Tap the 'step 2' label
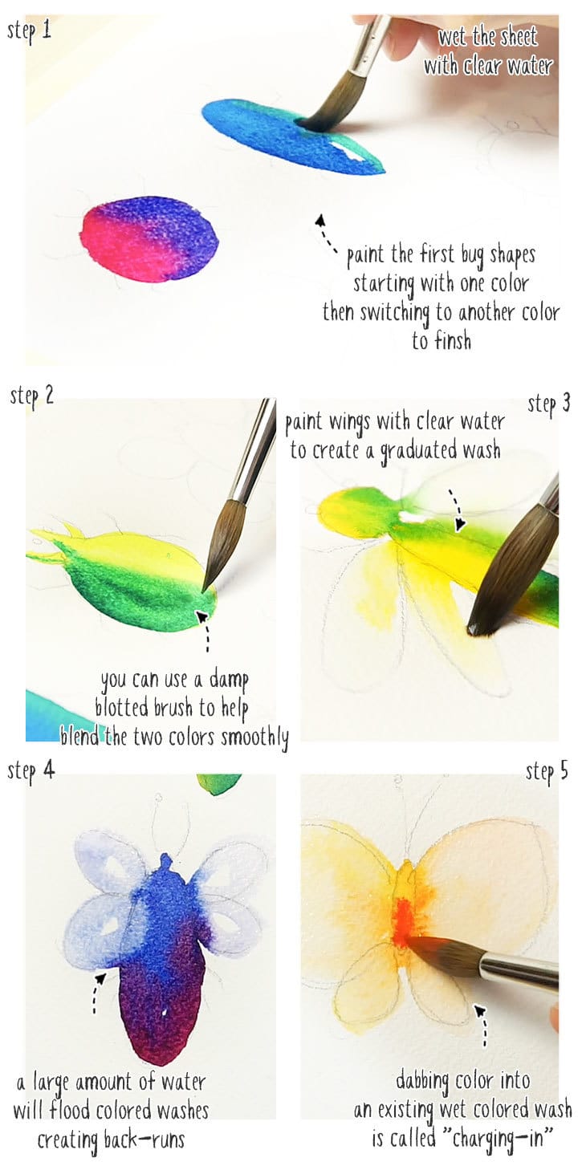[32, 396]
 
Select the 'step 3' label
[548, 404]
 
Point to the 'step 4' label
[31, 771]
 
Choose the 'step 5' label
[547, 772]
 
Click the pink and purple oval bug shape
[149, 239]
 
